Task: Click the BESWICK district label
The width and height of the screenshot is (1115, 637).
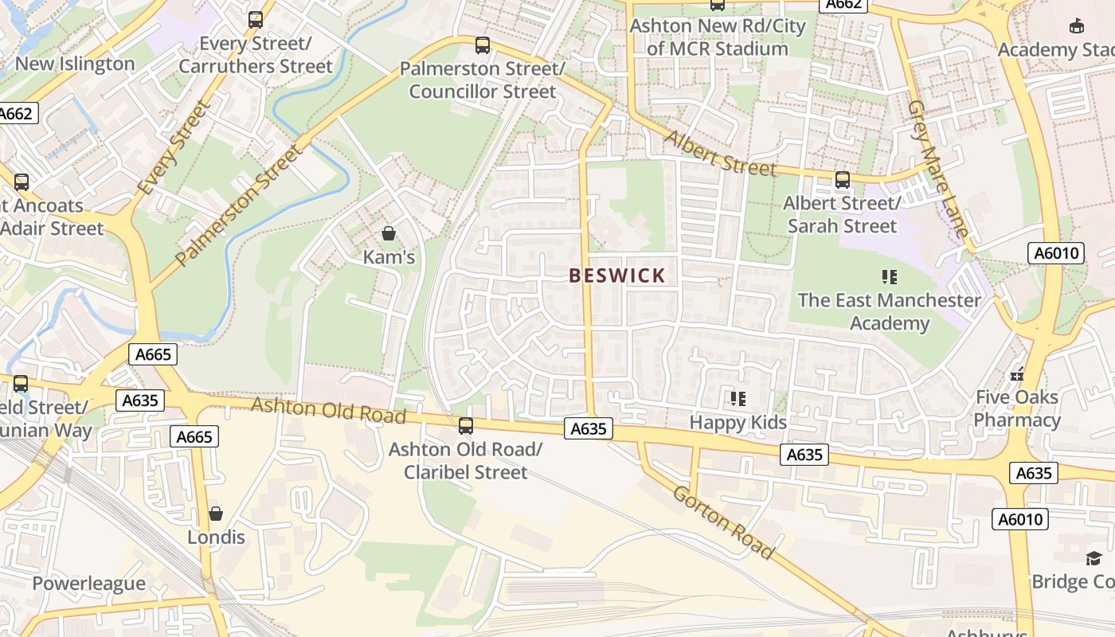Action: [617, 276]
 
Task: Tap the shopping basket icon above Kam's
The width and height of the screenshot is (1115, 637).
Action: [389, 233]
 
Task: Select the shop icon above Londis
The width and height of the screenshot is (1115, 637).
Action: [215, 514]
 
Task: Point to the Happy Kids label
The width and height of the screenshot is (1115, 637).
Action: [737, 422]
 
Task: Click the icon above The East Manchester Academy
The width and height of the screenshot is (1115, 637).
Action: [890, 277]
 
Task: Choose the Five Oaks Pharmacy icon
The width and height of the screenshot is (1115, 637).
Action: [1017, 373]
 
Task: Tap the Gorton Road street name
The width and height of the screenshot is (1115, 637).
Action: [723, 522]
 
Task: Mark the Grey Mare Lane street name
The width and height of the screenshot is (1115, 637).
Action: [939, 169]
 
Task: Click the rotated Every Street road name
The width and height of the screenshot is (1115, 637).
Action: [173, 149]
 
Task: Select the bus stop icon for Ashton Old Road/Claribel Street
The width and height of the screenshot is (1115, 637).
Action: [466, 426]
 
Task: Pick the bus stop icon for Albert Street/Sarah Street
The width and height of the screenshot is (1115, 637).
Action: [843, 180]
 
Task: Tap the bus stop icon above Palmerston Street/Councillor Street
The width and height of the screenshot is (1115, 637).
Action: [483, 45]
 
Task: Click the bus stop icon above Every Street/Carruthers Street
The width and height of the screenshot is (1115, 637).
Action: [256, 20]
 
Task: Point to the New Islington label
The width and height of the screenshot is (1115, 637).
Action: [75, 64]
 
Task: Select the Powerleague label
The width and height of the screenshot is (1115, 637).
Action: [88, 583]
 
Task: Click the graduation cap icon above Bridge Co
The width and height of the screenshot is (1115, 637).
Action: [1093, 558]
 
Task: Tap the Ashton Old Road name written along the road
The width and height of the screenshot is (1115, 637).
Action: [328, 411]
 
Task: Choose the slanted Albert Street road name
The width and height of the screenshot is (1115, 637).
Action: [720, 153]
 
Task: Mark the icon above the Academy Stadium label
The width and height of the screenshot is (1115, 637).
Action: [1077, 25]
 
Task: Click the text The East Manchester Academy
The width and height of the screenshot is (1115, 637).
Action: [890, 311]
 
